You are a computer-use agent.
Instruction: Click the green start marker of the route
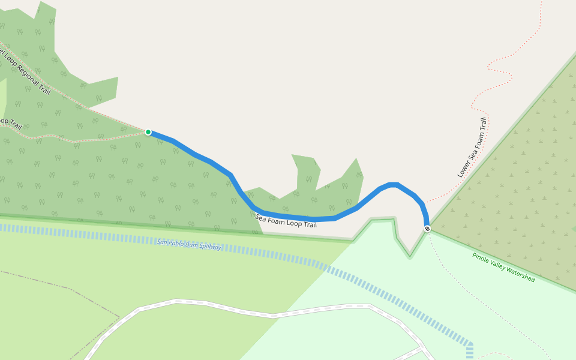click(148, 132)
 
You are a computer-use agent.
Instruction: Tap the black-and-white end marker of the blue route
click(427, 229)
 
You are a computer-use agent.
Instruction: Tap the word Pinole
click(481, 257)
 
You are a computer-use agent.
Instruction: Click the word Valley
click(498, 265)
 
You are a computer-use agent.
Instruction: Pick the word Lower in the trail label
click(464, 169)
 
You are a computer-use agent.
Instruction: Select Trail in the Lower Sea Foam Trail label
click(483, 127)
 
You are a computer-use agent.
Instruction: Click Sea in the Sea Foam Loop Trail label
click(261, 217)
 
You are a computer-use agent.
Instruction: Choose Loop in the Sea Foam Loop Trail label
click(293, 223)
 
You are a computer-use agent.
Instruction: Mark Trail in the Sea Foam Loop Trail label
click(309, 225)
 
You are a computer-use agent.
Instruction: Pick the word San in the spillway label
click(161, 242)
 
